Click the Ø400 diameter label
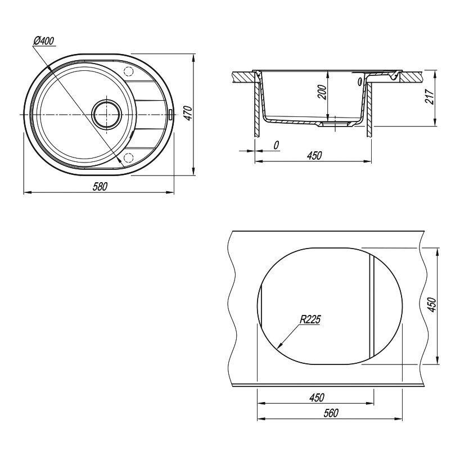(x=44, y=41)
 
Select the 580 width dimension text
(x=100, y=186)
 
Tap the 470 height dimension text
(x=188, y=112)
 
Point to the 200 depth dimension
(x=322, y=92)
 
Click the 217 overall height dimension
(x=430, y=96)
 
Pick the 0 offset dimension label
(x=276, y=145)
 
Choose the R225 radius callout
(x=310, y=319)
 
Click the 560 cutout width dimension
(x=331, y=413)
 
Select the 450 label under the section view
(x=314, y=155)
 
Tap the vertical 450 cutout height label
(x=432, y=305)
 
